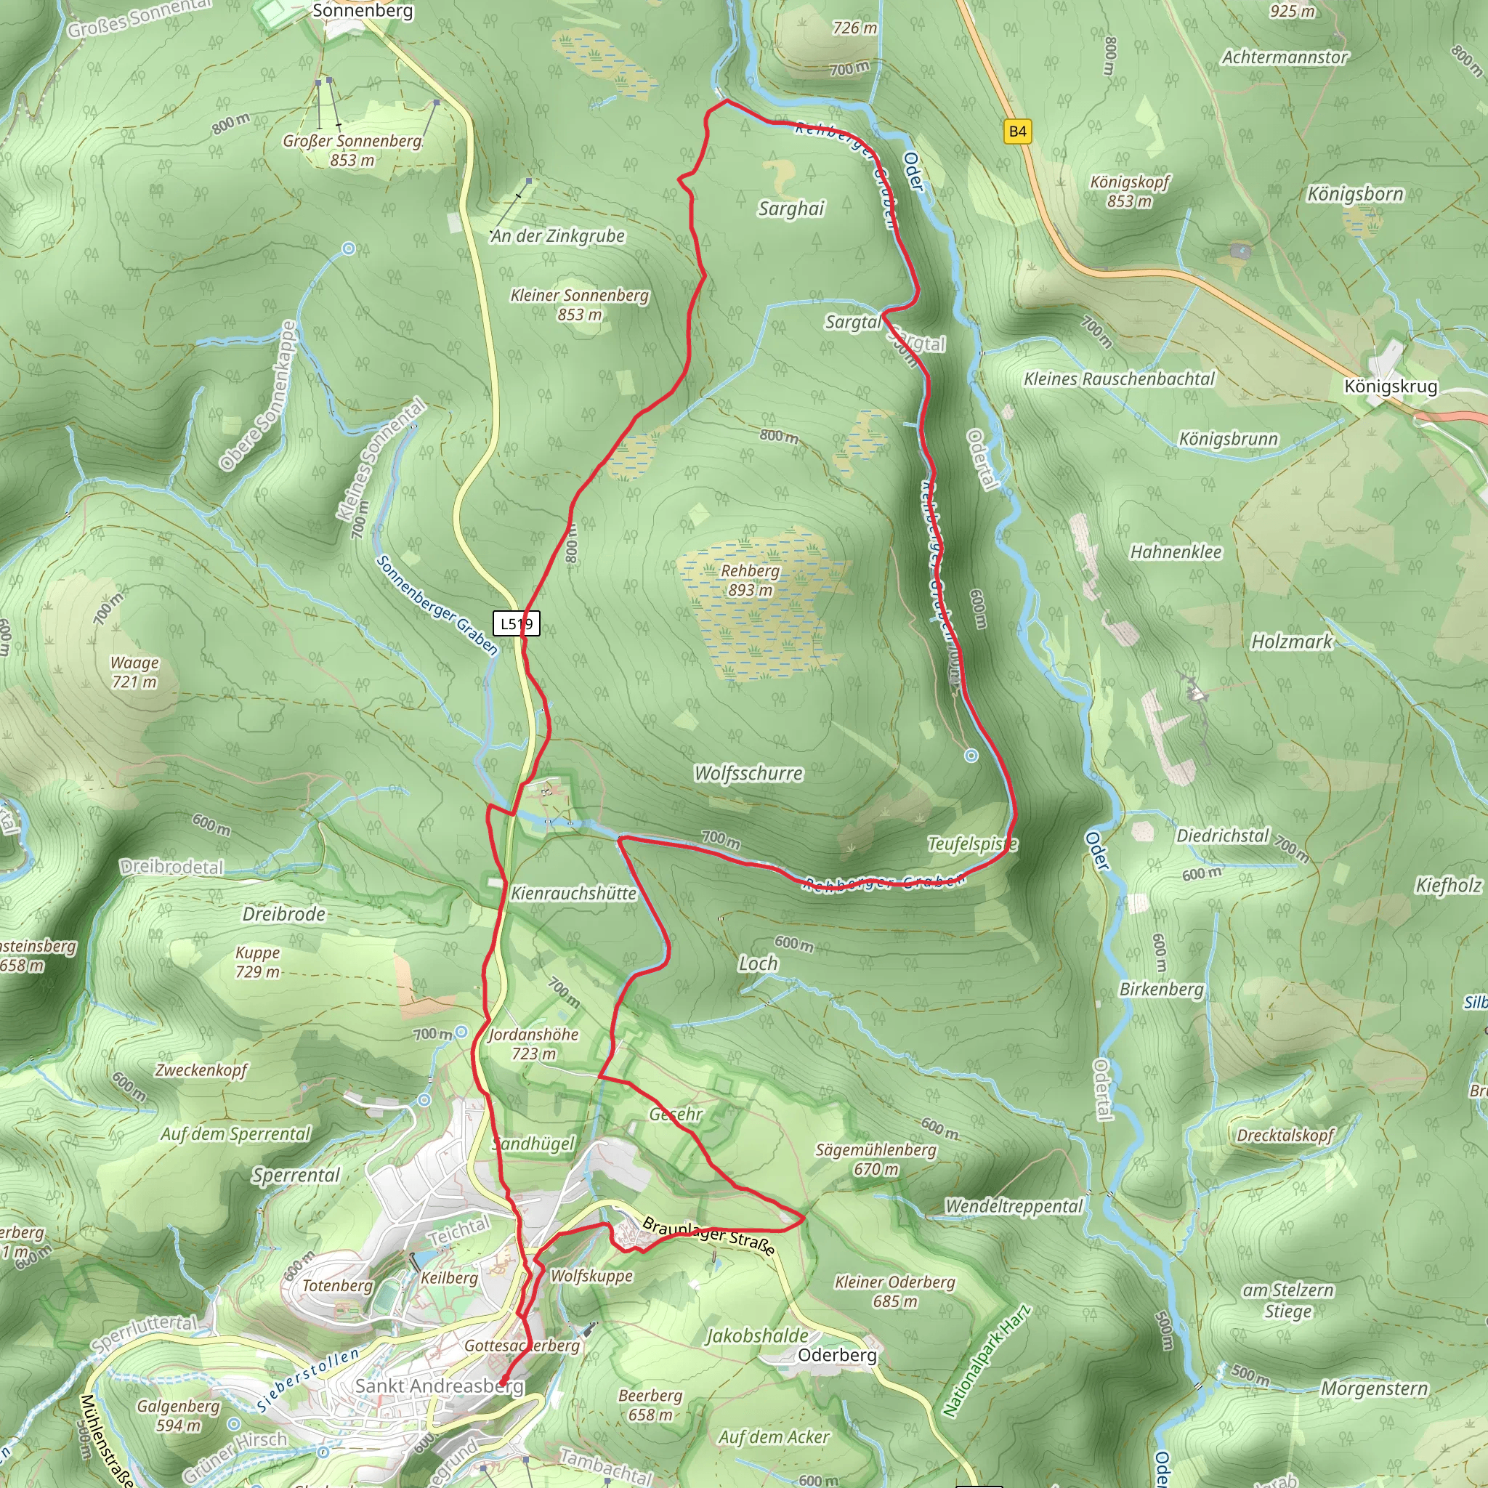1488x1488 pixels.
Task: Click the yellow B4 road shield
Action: click(x=1017, y=131)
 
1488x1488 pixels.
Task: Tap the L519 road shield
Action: click(x=516, y=623)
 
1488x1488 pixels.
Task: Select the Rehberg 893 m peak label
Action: click(x=749, y=580)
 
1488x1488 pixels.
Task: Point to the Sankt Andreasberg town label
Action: click(x=439, y=1386)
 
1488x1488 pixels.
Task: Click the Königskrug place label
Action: click(x=1390, y=386)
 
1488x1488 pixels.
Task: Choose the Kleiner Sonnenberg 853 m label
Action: click(x=579, y=304)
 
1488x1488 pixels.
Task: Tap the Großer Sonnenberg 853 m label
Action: click(x=352, y=150)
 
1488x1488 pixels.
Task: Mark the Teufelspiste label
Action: click(x=972, y=844)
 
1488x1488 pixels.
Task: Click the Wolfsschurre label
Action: click(x=748, y=773)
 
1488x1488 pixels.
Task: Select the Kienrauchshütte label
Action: click(x=573, y=894)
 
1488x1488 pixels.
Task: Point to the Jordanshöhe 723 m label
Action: click(x=533, y=1043)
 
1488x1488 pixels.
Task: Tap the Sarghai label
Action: click(x=791, y=209)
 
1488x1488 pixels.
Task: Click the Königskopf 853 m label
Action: click(x=1129, y=191)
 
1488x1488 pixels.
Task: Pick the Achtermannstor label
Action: click(x=1285, y=57)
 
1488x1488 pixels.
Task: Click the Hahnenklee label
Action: click(x=1176, y=551)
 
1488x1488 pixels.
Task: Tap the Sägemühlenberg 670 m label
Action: click(x=876, y=1159)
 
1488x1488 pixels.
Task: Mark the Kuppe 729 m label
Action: click(x=257, y=962)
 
